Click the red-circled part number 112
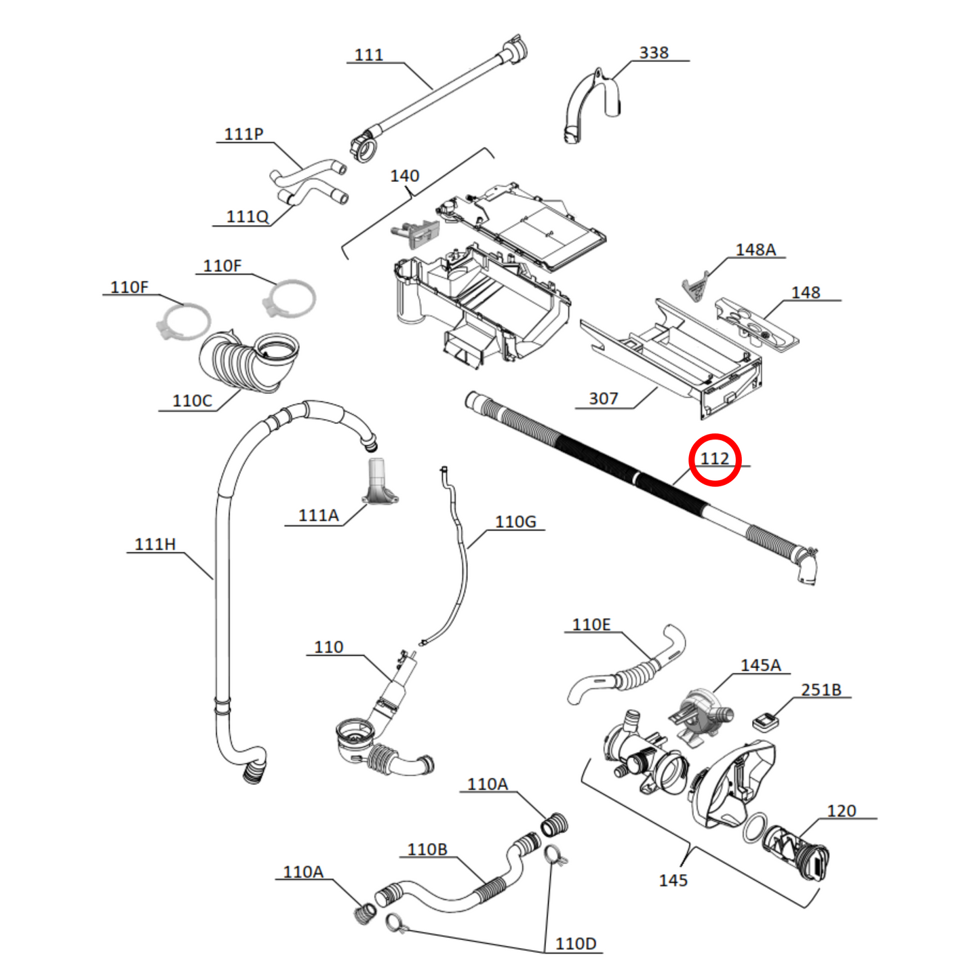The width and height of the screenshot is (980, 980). (x=714, y=459)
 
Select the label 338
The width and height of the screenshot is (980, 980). (x=654, y=53)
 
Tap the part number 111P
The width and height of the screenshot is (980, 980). (x=243, y=134)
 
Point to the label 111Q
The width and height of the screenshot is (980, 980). (x=248, y=216)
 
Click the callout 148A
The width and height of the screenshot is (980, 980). (x=756, y=250)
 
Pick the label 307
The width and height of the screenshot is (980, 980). (x=603, y=399)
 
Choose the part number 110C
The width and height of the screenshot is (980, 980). (x=192, y=401)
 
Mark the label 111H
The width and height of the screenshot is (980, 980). (x=155, y=544)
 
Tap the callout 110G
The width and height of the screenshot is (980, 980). (x=515, y=522)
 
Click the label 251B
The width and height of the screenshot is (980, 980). (x=821, y=690)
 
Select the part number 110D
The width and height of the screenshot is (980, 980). (x=575, y=943)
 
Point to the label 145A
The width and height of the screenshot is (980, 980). (x=760, y=665)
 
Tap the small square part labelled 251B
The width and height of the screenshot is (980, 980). (x=765, y=722)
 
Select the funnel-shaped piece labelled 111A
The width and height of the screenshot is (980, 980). (x=379, y=483)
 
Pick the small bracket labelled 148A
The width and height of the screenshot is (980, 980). (x=694, y=288)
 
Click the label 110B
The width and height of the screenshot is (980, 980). (x=427, y=850)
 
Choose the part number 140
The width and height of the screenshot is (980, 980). (x=404, y=176)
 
